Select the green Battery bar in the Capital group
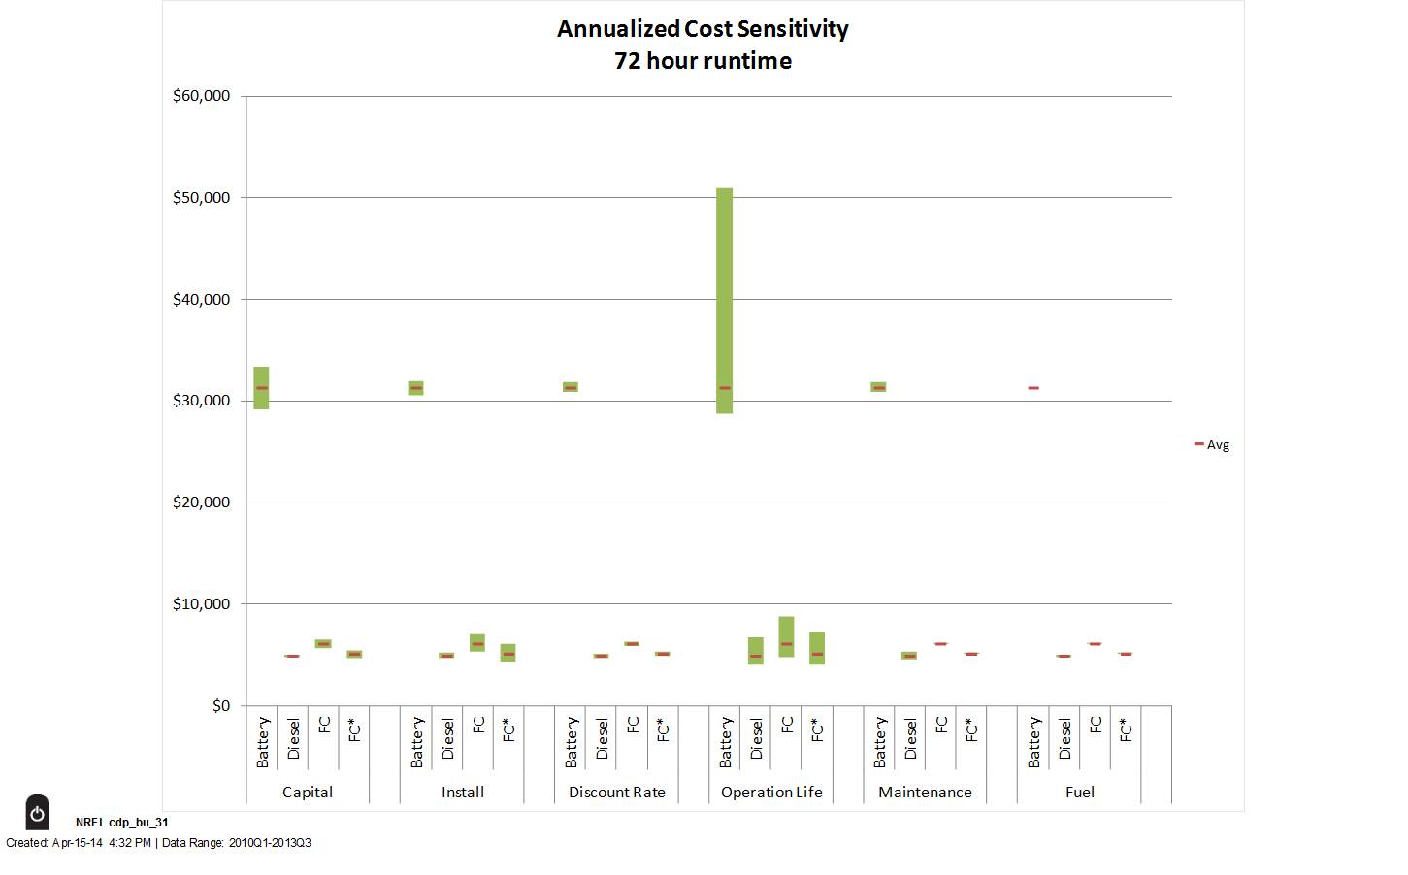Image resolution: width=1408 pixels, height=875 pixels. click(x=261, y=387)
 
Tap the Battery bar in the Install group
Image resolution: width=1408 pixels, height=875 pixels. click(x=415, y=388)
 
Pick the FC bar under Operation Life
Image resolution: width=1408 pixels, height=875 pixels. click(x=786, y=636)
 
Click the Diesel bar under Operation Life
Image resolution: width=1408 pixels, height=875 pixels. click(x=755, y=650)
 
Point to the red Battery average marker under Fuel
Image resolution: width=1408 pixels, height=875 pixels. click(x=1033, y=388)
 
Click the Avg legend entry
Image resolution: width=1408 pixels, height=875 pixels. click(x=1212, y=445)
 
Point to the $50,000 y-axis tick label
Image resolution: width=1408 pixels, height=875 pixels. click(x=202, y=198)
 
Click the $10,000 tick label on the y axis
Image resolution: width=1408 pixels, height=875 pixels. click(x=202, y=604)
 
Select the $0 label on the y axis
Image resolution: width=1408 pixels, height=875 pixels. click(x=221, y=706)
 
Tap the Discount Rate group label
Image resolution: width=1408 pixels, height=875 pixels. click(x=617, y=793)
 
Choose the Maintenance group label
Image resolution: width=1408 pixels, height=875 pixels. click(x=925, y=793)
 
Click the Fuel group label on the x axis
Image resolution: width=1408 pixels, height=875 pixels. click(x=1079, y=793)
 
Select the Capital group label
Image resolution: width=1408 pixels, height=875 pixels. click(x=308, y=793)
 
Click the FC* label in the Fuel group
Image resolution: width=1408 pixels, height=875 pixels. click(x=1126, y=730)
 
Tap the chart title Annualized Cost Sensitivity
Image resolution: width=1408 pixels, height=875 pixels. click(x=703, y=29)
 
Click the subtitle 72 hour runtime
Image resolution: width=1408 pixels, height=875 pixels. click(x=703, y=61)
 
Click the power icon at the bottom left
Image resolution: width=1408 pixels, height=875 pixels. click(x=37, y=813)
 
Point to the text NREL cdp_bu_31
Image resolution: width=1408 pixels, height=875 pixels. click(x=122, y=823)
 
